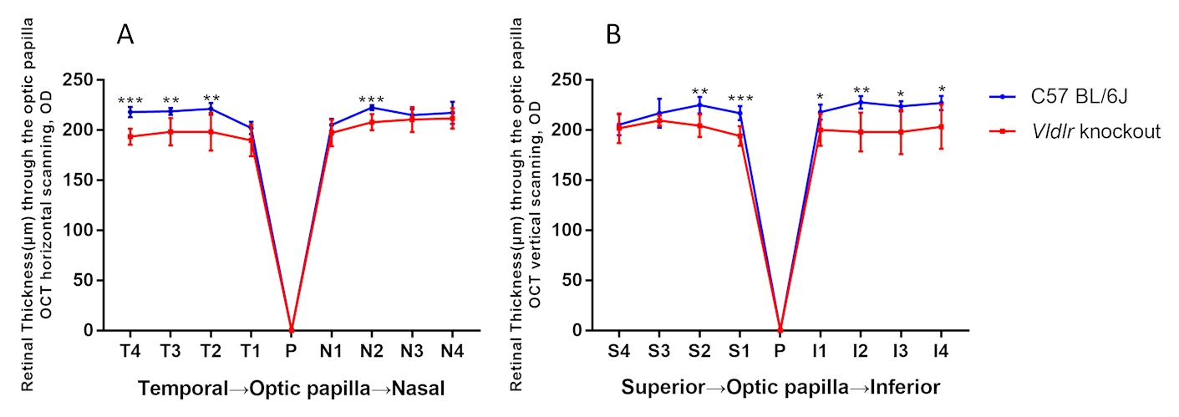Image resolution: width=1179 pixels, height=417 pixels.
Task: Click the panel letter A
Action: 125,34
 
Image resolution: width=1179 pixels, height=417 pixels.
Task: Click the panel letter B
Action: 613,34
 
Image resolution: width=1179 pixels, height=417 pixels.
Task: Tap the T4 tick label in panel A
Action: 130,351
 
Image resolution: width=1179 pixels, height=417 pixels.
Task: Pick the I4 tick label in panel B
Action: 941,351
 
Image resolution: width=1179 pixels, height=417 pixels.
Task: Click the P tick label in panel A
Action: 291,351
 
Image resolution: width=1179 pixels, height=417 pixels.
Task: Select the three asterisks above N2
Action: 372,99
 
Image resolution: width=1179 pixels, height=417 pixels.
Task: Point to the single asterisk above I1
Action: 821,98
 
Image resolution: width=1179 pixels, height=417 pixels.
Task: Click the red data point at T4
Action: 130,136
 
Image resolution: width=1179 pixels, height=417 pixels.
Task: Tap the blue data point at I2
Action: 861,102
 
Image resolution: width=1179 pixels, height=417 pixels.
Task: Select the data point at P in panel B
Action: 780,330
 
